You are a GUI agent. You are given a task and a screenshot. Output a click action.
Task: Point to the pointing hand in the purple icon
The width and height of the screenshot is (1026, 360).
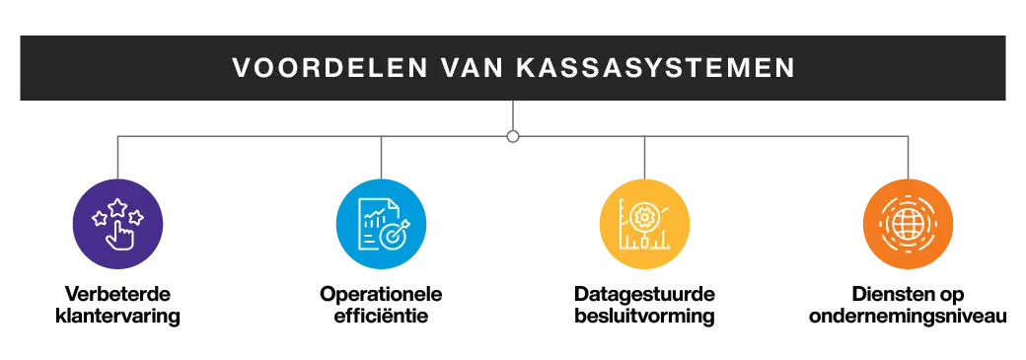click(118, 231)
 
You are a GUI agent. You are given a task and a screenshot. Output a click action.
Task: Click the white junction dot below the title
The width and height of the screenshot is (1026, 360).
click(513, 136)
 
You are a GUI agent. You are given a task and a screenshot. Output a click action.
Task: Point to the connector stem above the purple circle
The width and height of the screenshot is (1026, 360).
click(118, 156)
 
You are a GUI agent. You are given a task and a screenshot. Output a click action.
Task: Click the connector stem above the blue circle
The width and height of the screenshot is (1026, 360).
click(382, 156)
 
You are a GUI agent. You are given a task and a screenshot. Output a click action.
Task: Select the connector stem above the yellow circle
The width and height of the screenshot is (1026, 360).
click(642, 156)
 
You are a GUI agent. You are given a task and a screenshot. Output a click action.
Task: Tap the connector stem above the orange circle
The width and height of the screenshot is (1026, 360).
click(908, 156)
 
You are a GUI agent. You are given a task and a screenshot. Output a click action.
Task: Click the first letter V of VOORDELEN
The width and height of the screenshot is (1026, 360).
click(240, 68)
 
